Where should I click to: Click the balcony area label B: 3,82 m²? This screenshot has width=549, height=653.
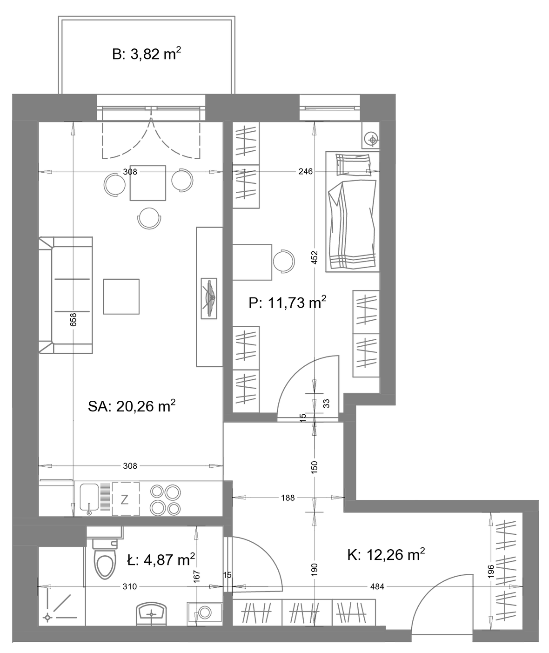[147, 54]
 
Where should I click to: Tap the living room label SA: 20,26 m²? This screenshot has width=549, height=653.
[132, 406]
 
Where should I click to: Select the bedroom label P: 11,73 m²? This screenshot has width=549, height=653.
[288, 303]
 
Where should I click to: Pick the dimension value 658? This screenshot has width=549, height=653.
[73, 320]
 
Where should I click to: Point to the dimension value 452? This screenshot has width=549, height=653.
[315, 257]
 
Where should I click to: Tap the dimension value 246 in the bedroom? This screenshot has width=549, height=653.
[306, 171]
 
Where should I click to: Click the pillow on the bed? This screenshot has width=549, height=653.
[353, 164]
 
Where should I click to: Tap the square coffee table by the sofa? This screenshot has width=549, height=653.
[121, 296]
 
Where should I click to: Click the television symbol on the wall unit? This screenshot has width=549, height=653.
[209, 298]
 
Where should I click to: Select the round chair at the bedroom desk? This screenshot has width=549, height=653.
[283, 261]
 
